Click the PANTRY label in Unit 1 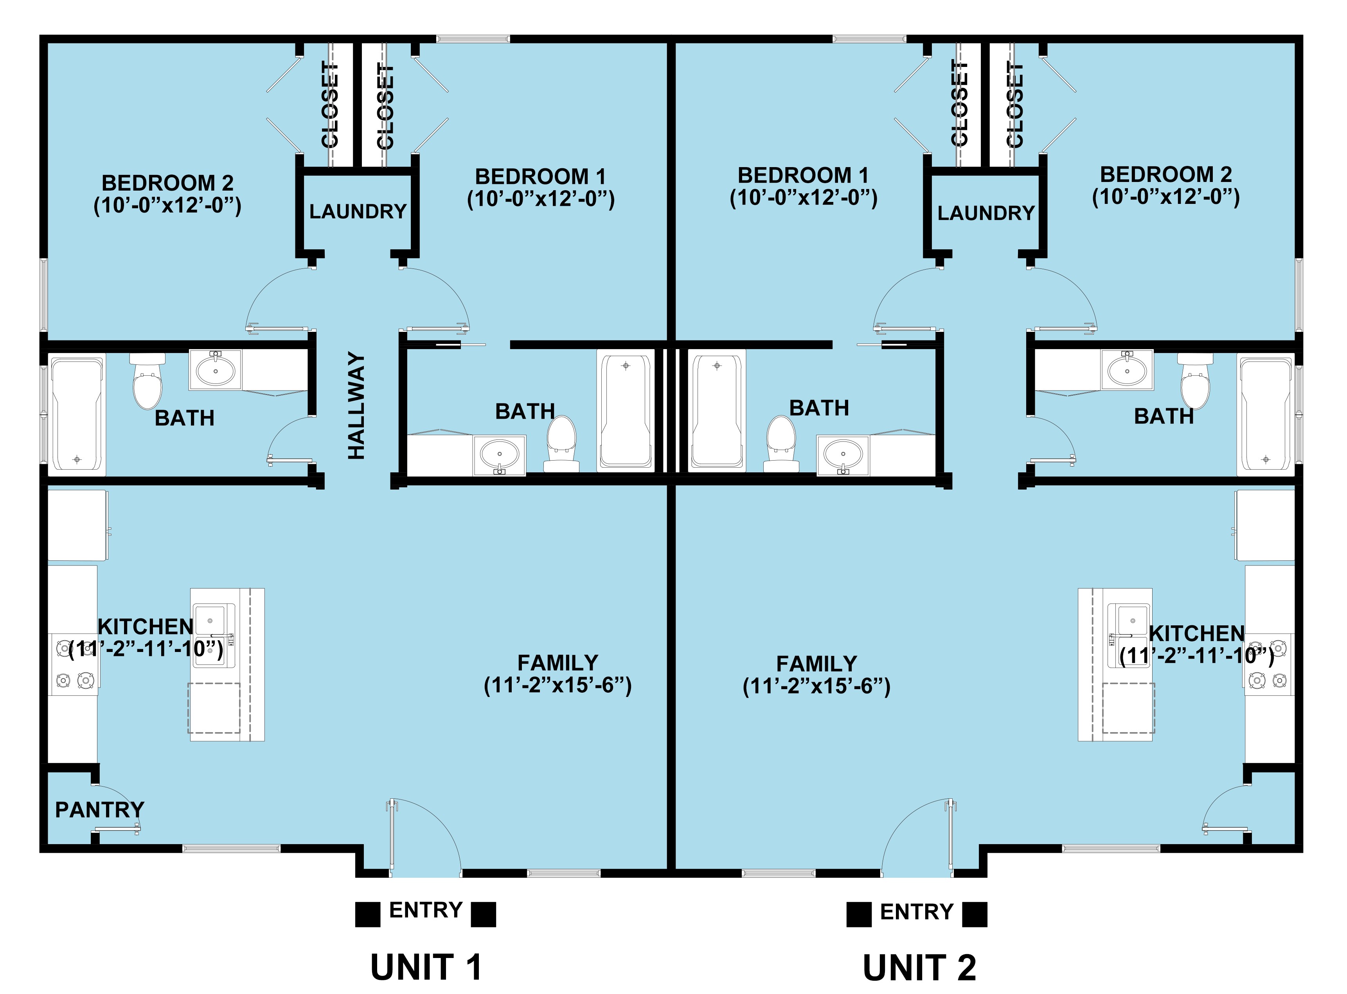(x=100, y=810)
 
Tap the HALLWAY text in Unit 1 (x=357, y=406)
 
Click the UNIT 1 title (x=426, y=967)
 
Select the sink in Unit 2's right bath (x=1127, y=370)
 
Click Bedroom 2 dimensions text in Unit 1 (x=167, y=206)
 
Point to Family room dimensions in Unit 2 (x=816, y=686)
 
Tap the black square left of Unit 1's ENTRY (x=368, y=914)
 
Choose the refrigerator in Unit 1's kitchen (x=77, y=525)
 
